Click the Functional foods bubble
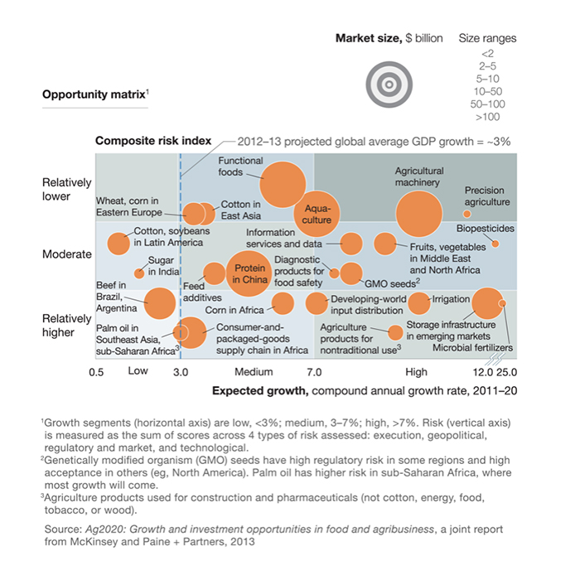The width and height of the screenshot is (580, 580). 283,185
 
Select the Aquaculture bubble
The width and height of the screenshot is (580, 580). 317,214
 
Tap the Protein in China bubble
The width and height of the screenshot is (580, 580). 249,273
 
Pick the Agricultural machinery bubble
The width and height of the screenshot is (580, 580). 419,214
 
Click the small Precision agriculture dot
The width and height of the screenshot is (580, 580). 466,214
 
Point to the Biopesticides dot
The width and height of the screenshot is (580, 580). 495,244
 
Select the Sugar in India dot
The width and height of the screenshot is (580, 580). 139,273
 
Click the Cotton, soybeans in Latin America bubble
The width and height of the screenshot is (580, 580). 118,244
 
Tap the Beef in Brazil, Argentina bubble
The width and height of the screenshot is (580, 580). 159,303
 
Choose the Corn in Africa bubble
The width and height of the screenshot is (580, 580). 283,303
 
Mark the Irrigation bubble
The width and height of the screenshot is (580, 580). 419,303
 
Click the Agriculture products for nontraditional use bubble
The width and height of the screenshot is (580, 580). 395,333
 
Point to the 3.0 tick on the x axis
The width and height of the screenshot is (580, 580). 181,372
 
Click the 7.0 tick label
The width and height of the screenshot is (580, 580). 314,372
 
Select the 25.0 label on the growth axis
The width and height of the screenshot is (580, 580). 507,372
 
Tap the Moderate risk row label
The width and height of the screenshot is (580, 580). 67,254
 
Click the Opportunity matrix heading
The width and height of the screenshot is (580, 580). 95,94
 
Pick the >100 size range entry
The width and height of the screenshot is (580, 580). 487,117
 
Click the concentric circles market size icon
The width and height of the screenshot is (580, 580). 389,85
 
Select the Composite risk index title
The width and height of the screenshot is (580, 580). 153,141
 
